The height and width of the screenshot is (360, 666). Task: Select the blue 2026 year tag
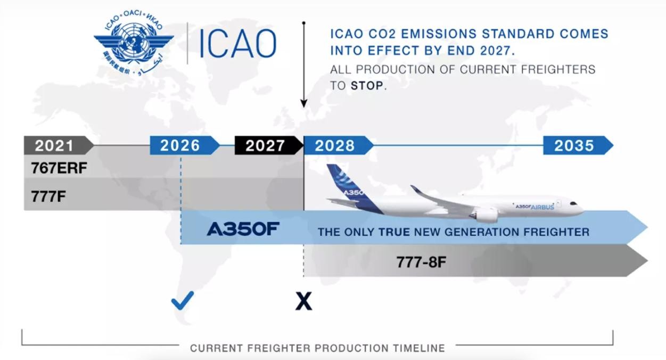(184, 145)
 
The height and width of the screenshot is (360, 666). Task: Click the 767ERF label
(59, 168)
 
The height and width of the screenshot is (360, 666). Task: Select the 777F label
(48, 197)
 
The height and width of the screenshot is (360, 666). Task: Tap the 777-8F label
(421, 262)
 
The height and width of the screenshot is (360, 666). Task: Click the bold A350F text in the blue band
(243, 229)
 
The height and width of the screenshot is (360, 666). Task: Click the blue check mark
(182, 301)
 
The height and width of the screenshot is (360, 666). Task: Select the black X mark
(303, 301)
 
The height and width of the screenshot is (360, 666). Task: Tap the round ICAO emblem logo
(134, 43)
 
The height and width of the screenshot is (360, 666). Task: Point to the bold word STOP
(367, 86)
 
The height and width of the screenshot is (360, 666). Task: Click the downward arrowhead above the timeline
(303, 103)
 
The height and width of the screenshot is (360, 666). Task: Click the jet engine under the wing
(484, 214)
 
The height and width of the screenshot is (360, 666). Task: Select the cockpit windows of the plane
(573, 204)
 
